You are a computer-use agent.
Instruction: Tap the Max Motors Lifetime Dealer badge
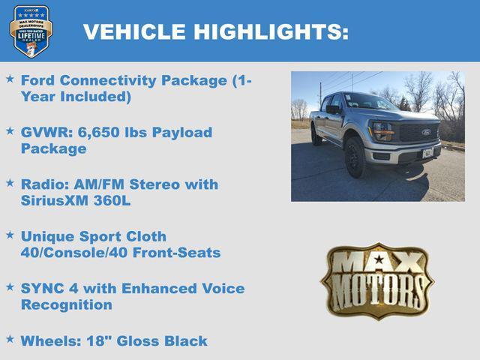31,31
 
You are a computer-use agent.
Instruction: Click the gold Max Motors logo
376,280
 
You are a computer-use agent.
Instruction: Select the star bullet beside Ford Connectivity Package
10,79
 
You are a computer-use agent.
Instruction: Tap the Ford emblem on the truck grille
426,132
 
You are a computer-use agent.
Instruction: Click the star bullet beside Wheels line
10,339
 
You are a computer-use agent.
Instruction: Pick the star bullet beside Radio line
10,182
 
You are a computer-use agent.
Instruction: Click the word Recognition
67,304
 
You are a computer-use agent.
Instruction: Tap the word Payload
182,132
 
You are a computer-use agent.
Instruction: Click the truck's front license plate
428,154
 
